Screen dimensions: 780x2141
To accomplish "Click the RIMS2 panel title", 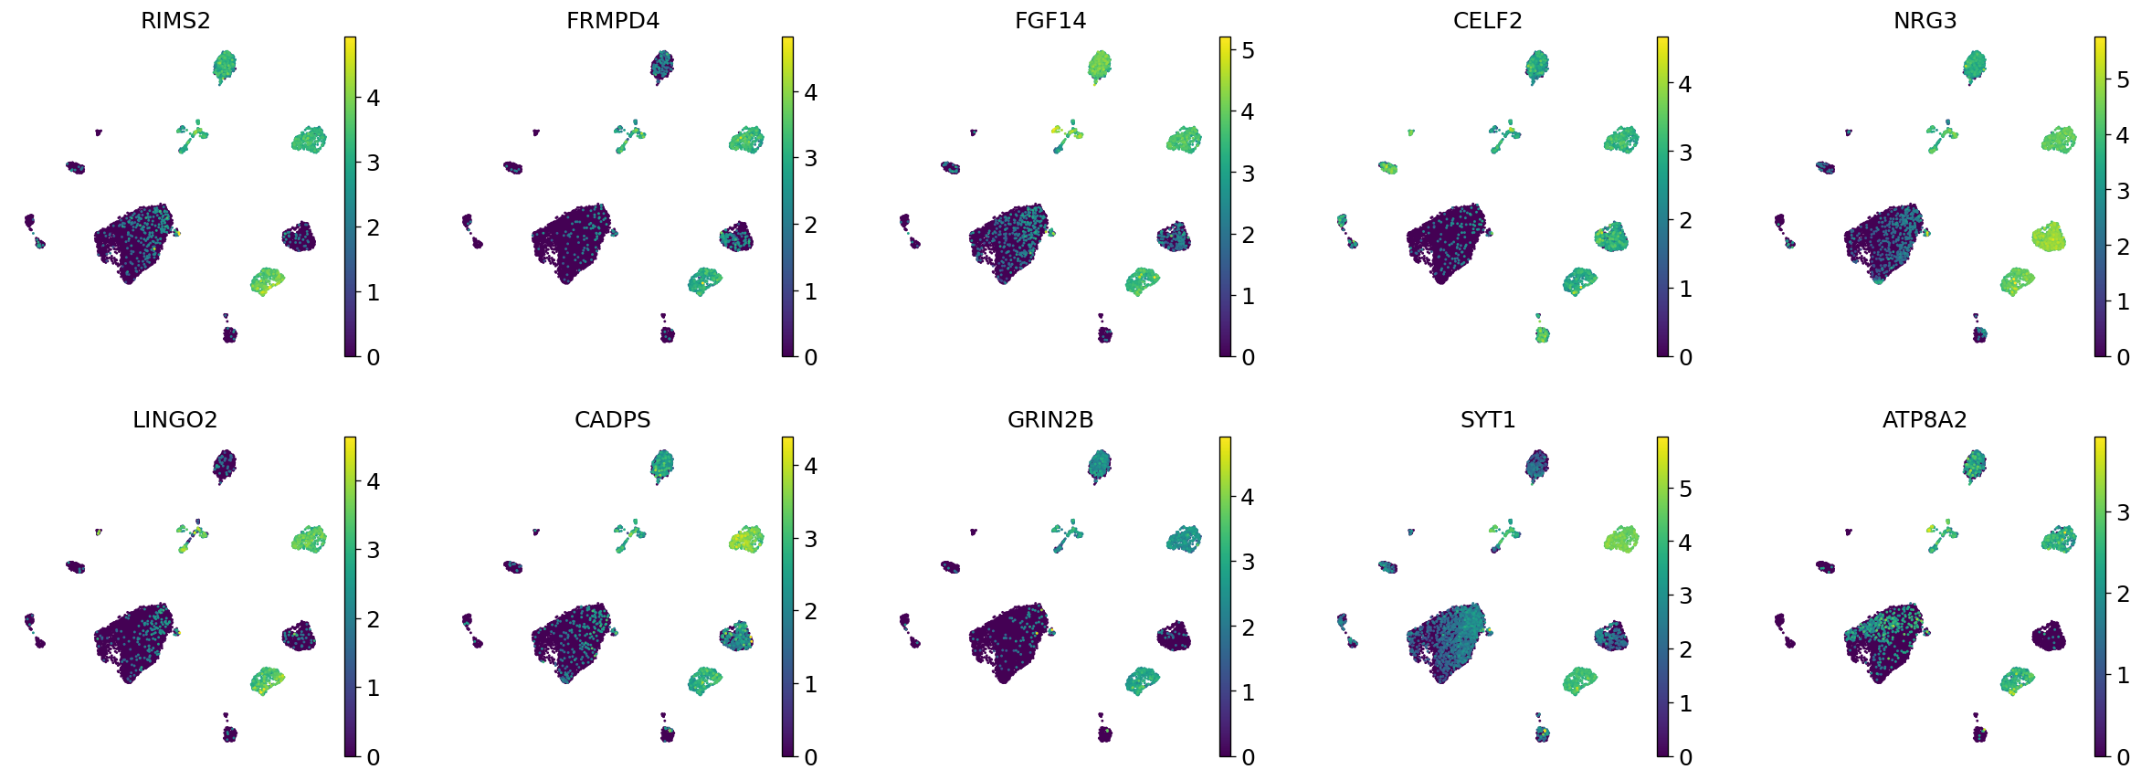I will [x=175, y=21].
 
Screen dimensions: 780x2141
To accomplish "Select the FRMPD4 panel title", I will [x=613, y=21].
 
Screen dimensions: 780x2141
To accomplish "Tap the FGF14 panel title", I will [x=1050, y=21].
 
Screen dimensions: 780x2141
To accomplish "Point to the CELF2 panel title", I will [x=1487, y=21].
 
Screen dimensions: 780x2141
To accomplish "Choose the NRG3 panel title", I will [x=1925, y=21].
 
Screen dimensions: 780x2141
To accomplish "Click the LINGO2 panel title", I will [x=175, y=420].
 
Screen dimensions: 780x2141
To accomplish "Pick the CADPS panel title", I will [x=613, y=420].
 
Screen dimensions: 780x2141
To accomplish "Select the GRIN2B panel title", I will [x=1050, y=420].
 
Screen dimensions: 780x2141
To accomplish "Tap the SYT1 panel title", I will [x=1487, y=420].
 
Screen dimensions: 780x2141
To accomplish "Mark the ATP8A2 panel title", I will [x=1925, y=420].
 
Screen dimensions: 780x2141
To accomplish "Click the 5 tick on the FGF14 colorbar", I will [x=1248, y=51].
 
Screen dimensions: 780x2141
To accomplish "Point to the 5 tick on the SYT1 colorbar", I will [x=1685, y=490].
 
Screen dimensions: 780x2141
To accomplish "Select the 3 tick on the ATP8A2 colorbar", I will [x=2123, y=513].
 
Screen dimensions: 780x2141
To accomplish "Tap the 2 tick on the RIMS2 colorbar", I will [x=373, y=228].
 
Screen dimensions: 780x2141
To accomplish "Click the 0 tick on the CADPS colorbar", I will [x=810, y=757].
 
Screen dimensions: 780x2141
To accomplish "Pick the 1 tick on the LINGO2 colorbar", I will [x=373, y=689].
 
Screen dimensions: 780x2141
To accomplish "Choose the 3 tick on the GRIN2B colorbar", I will [x=1248, y=563].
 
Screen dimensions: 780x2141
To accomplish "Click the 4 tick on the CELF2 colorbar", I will [x=1685, y=85].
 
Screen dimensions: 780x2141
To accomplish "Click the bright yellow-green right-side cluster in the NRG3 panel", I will [x=2051, y=237].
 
